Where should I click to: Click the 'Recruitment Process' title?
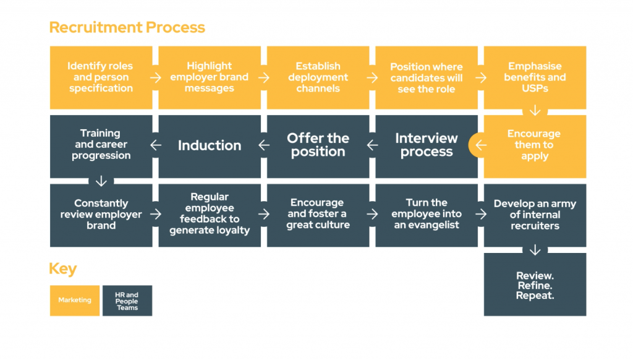(x=127, y=28)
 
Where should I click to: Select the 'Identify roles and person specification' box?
(x=101, y=77)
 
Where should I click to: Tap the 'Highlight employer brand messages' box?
(x=210, y=77)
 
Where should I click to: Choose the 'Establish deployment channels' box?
(x=318, y=77)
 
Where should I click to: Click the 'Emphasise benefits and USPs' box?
(x=535, y=77)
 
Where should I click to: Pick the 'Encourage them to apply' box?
(x=535, y=146)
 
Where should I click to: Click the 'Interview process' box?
(x=427, y=146)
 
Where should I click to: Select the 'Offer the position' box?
(x=318, y=146)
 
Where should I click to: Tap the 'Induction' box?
(x=210, y=146)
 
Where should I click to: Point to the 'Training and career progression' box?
(x=101, y=145)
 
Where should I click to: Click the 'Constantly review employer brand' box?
(x=101, y=215)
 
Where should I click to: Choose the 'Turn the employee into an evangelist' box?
(x=427, y=215)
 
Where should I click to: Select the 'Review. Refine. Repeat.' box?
(x=535, y=285)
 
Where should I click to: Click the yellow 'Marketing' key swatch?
(x=75, y=301)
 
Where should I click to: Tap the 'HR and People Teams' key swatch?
(x=127, y=301)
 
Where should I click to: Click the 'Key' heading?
(x=63, y=269)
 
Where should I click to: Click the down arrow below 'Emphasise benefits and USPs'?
(x=535, y=111)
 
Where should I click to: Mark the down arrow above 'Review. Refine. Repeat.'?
(x=535, y=251)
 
